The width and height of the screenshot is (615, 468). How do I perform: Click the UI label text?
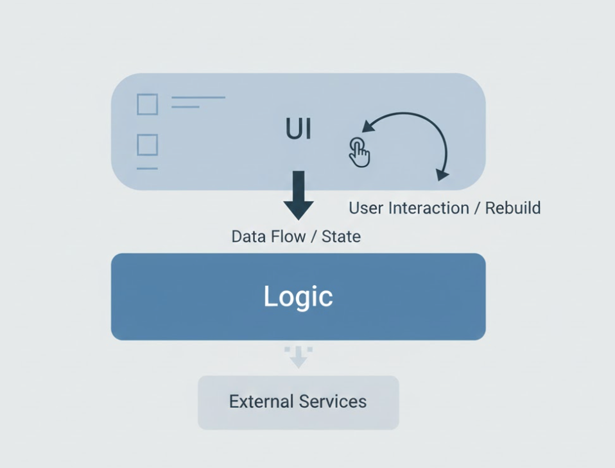tap(299, 129)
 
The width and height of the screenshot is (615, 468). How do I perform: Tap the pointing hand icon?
tap(359, 153)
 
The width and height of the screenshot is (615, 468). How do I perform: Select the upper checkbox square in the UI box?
tap(148, 104)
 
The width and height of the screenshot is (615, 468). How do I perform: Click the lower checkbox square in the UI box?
tap(148, 145)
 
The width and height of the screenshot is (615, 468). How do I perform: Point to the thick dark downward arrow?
tap(299, 195)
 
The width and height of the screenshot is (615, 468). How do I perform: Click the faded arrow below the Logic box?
tap(299, 357)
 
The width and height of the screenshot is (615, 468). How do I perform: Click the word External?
tap(261, 401)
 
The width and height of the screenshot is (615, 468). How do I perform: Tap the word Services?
tap(333, 401)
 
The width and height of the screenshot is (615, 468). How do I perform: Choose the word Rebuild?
tap(513, 208)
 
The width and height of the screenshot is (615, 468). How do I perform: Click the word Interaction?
tap(429, 208)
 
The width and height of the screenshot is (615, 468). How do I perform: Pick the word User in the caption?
tap(366, 208)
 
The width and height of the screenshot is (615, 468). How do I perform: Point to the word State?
tap(341, 237)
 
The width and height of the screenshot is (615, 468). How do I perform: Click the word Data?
tap(248, 237)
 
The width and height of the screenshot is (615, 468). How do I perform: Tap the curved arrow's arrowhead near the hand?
tap(368, 126)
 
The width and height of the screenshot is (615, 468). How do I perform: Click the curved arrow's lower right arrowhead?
tap(442, 174)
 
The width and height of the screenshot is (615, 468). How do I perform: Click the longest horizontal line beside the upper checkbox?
tap(198, 97)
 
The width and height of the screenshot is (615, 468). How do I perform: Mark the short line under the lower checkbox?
tap(148, 169)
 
